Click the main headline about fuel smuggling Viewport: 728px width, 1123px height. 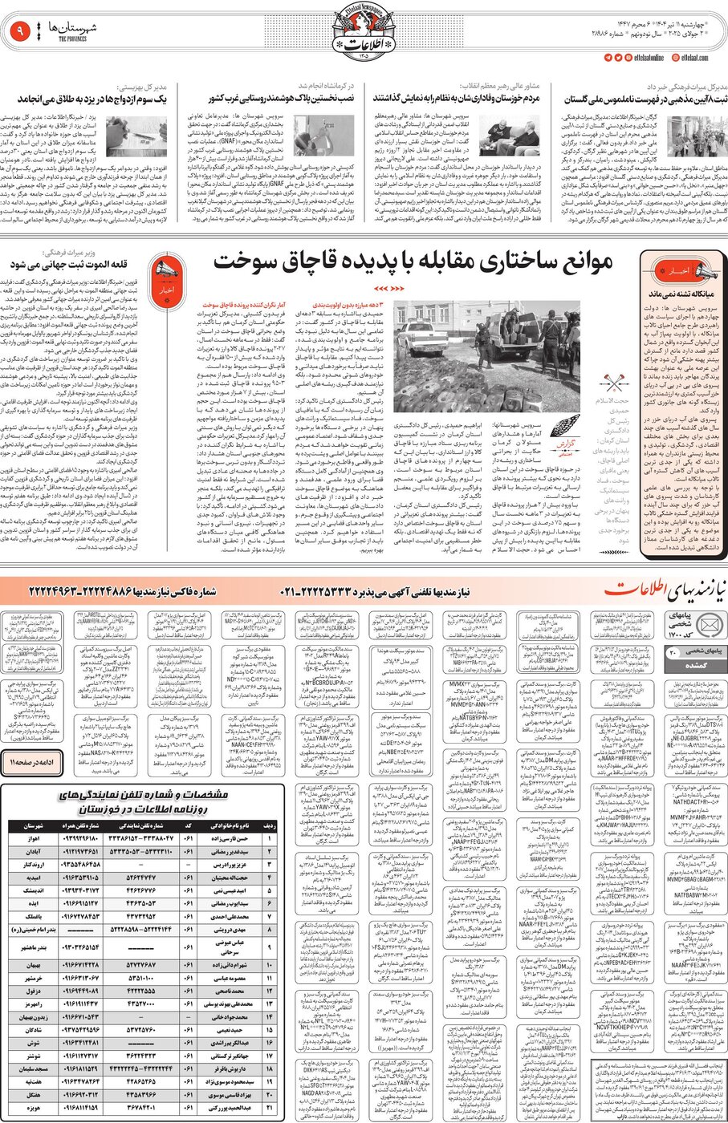point(413,261)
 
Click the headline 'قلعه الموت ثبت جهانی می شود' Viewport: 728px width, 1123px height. point(76,263)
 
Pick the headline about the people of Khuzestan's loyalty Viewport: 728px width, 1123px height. point(456,99)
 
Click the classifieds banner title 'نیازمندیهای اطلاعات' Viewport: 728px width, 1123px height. point(659,591)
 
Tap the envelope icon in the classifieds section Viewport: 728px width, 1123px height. point(708,626)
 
